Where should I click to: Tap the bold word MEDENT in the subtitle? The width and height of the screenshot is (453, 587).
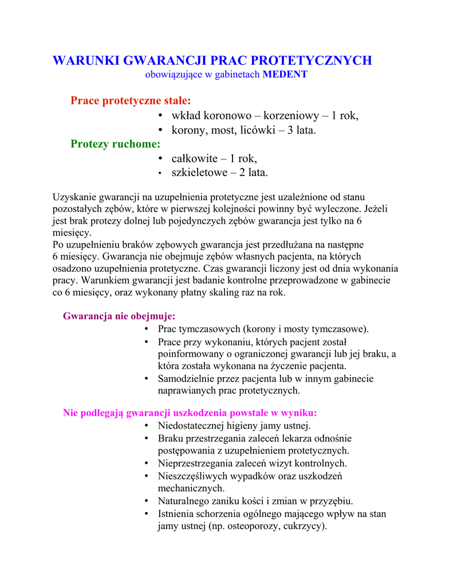[285, 75]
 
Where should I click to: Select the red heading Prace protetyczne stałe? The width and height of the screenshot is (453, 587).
[131, 101]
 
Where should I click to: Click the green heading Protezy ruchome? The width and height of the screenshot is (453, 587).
[115, 144]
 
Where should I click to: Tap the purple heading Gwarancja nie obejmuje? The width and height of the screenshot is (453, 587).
[119, 316]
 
